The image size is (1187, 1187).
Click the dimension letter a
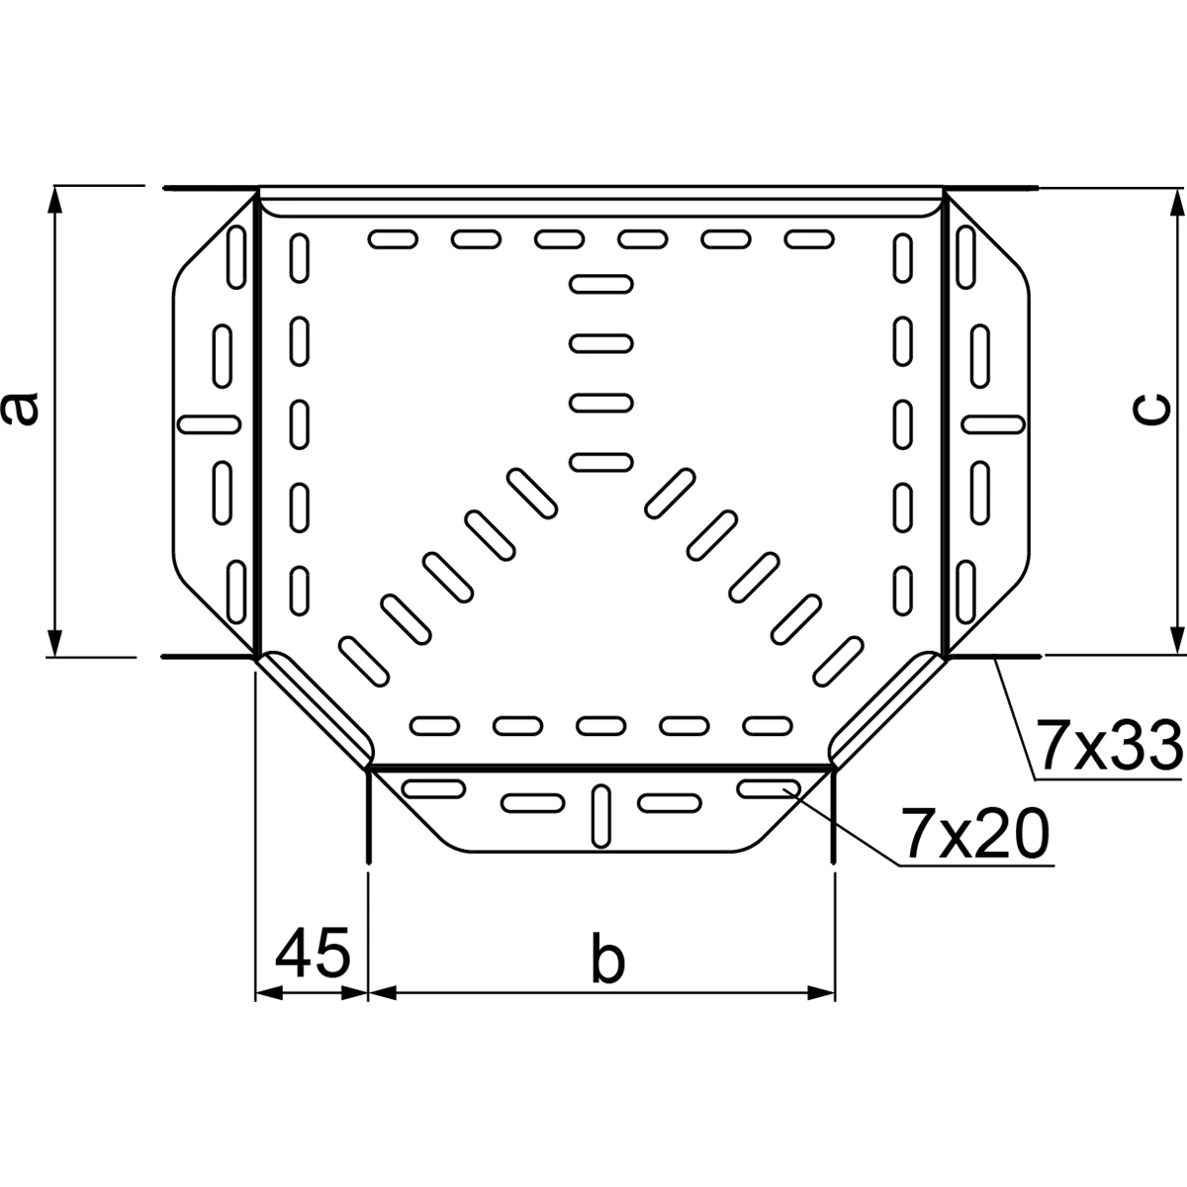[20, 409]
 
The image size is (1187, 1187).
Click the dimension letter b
[607, 959]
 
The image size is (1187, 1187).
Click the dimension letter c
[1150, 410]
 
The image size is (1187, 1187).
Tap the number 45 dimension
[313, 952]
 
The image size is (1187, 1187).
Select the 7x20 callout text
[974, 833]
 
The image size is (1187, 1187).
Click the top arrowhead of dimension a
[55, 200]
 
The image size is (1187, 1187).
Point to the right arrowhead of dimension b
[821, 993]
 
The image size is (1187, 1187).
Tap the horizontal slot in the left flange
[210, 424]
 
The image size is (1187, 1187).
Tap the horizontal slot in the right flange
[993, 424]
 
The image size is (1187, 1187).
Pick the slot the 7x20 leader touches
[769, 788]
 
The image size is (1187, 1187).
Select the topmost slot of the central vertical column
[601, 284]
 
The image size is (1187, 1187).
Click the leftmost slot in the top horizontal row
[393, 239]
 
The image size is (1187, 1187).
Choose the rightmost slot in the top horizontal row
[809, 239]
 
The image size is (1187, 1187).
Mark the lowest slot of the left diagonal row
[364, 662]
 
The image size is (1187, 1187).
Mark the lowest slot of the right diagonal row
[838, 662]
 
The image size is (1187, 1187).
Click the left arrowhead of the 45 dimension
[269, 993]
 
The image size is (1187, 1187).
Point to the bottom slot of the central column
[601, 462]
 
